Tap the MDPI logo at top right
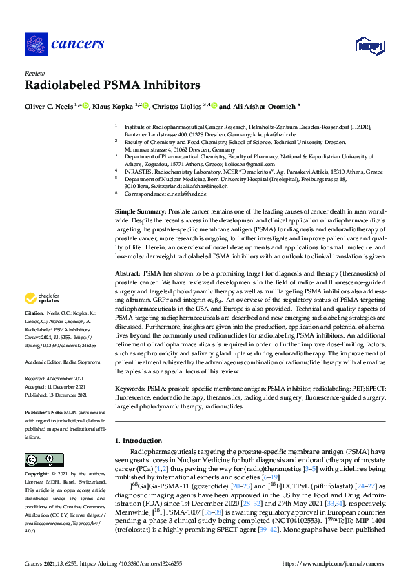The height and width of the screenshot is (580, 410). click(x=368, y=45)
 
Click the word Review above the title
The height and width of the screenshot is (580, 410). click(x=34, y=72)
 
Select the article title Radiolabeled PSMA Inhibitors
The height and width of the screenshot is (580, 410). click(x=112, y=85)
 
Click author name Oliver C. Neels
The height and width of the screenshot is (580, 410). click(x=49, y=107)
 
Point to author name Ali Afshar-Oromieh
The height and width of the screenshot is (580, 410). click(x=261, y=107)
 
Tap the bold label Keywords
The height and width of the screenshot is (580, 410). click(x=132, y=389)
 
